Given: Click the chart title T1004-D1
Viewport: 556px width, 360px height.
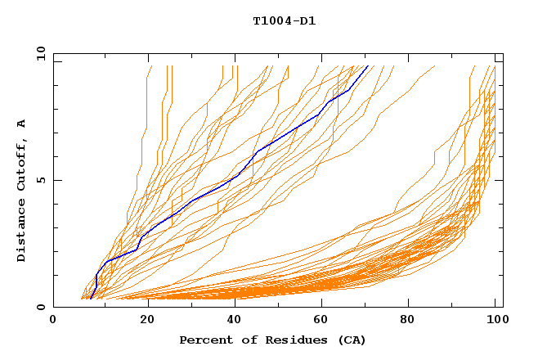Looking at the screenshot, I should [x=284, y=21].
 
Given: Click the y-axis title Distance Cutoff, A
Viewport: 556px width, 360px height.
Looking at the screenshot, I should [x=22, y=191].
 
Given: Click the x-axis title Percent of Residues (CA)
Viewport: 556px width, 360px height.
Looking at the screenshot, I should [x=272, y=340].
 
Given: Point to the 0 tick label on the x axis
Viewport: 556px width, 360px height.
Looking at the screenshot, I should [x=53, y=320].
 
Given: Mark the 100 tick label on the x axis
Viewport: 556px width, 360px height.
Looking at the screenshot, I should [x=495, y=320].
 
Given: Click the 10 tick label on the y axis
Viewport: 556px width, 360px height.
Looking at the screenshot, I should [x=40, y=53].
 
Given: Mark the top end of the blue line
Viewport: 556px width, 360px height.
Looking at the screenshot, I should [x=368, y=66].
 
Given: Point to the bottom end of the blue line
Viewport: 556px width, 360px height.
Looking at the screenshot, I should [x=90, y=298].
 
